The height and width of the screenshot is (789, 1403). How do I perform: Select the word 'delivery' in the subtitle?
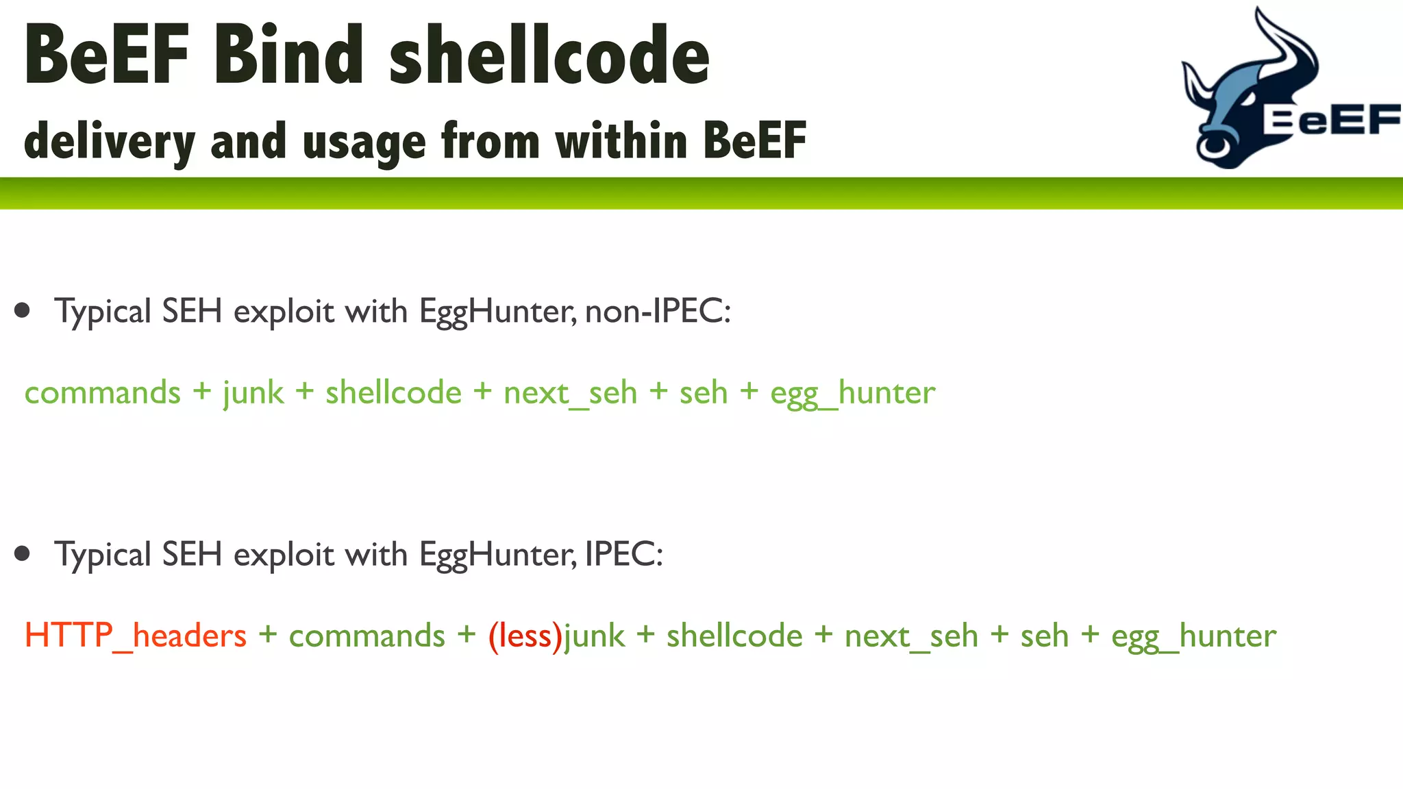110,141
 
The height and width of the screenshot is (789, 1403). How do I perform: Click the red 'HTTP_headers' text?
135,635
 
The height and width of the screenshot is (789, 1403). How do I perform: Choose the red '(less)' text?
525,635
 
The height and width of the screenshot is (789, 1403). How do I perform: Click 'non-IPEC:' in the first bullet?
658,311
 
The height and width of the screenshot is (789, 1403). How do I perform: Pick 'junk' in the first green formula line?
253,393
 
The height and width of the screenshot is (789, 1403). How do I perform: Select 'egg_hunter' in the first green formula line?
852,393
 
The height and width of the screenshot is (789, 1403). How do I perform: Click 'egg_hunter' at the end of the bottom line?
1193,636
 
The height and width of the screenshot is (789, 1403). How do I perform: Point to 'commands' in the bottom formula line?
367,636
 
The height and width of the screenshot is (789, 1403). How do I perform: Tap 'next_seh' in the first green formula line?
570,393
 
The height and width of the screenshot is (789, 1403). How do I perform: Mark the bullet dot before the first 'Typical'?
23,310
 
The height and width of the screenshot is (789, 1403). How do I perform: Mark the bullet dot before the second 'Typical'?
23,553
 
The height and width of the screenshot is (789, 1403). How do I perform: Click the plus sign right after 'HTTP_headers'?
268,635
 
